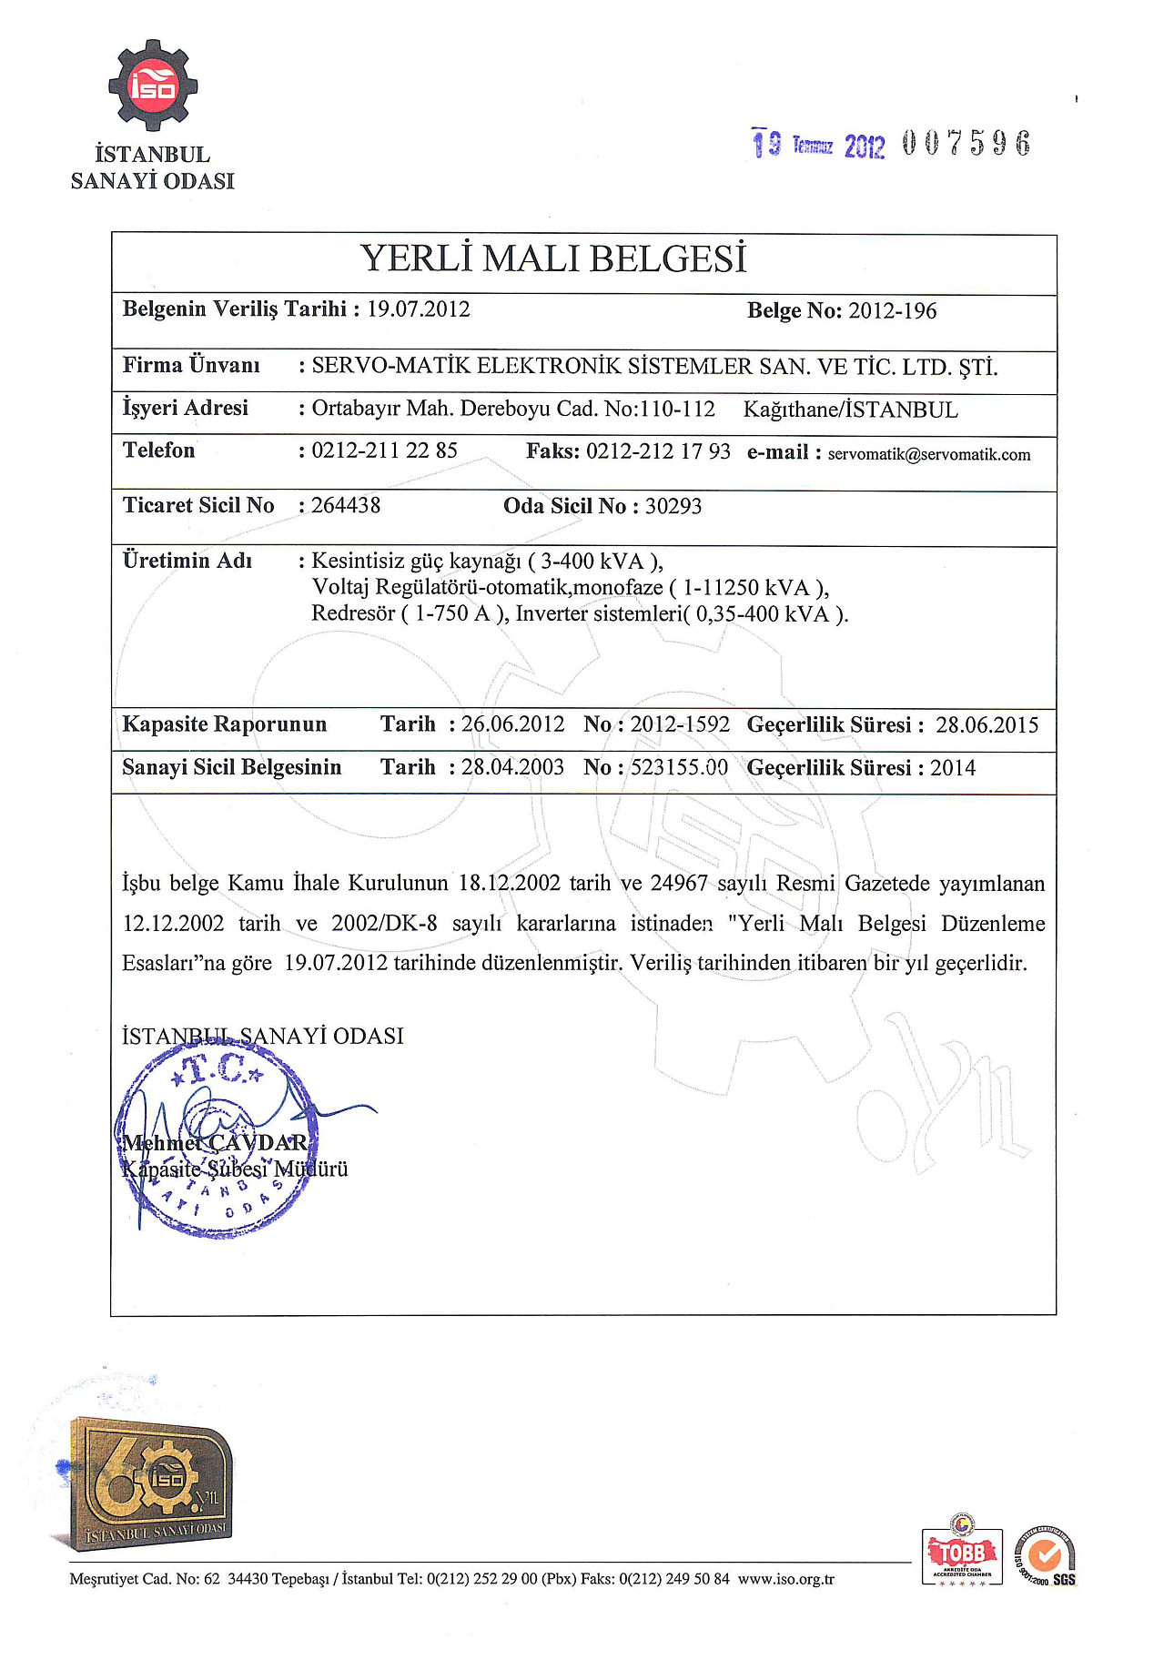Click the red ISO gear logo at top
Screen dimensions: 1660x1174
point(153,86)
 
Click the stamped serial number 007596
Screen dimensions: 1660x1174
point(967,144)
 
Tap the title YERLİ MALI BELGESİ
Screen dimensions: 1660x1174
point(553,259)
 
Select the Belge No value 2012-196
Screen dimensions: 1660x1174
point(892,311)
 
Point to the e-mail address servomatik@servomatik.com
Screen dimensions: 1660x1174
point(929,455)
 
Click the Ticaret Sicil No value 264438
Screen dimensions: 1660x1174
point(346,506)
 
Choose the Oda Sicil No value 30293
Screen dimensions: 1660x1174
point(673,507)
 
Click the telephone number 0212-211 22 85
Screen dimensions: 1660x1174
point(384,451)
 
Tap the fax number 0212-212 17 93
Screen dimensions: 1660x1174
point(658,452)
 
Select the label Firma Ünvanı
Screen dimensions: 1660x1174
point(191,366)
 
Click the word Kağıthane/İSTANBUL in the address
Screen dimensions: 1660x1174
point(850,410)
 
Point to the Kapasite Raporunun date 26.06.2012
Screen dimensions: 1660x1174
point(512,724)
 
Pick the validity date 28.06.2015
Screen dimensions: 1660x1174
point(987,725)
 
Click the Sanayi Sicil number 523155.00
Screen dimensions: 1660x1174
point(679,768)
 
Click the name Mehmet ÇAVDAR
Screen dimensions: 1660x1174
point(216,1143)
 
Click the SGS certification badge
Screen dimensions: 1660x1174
point(1046,1555)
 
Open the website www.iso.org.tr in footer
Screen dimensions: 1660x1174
point(785,1579)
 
